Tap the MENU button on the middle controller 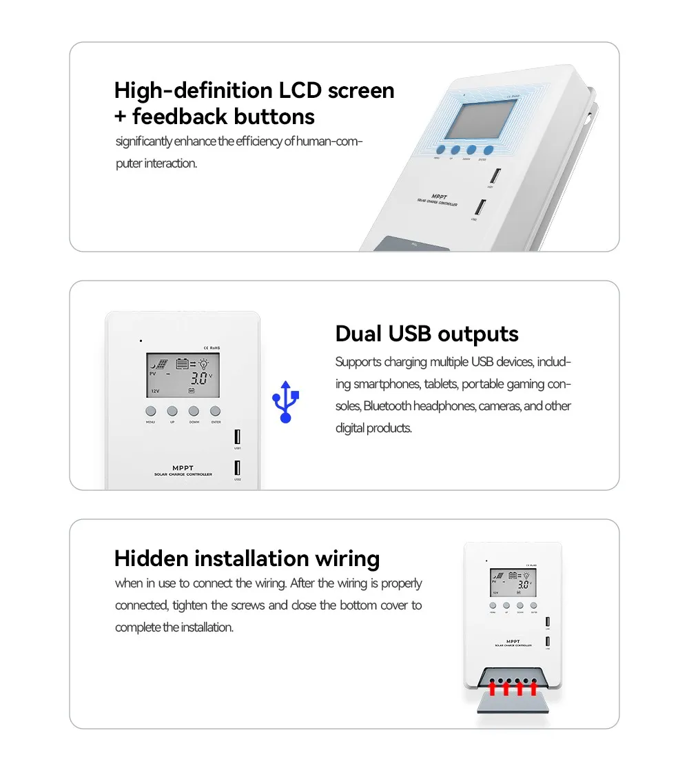click(x=151, y=411)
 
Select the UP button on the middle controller click(x=172, y=411)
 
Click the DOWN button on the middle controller click(x=194, y=411)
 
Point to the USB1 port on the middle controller click(x=238, y=436)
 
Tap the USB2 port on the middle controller click(x=238, y=467)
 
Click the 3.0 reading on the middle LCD click(x=200, y=378)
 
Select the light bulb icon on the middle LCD click(x=205, y=363)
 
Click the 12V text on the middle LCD click(x=155, y=391)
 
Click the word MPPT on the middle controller click(x=183, y=467)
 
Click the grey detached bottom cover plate click(x=513, y=703)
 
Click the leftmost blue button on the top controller click(x=439, y=150)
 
